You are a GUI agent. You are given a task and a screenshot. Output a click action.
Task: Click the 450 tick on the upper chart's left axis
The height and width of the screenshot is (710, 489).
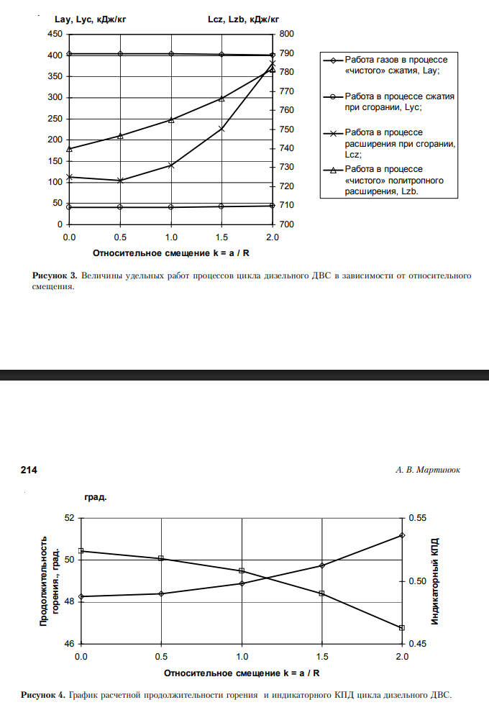[x=54, y=34]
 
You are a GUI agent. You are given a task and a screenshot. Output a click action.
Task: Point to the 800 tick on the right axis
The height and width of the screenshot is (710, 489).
[x=286, y=34]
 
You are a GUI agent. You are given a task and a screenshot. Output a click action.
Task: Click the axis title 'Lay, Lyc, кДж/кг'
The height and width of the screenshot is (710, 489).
[x=91, y=20]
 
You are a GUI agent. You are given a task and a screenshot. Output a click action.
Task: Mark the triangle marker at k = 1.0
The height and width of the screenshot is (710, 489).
[x=171, y=119]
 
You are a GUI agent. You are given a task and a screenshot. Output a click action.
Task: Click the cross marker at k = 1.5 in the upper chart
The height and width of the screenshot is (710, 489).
[x=221, y=129]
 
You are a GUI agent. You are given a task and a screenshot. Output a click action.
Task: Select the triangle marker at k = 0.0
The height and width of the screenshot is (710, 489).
[x=70, y=148]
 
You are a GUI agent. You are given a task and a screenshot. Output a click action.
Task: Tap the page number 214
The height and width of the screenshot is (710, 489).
[x=29, y=470]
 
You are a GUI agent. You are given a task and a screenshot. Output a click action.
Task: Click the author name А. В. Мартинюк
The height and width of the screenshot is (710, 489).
[x=428, y=470]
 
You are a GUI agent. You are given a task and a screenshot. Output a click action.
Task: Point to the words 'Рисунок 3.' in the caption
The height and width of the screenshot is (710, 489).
[x=55, y=276]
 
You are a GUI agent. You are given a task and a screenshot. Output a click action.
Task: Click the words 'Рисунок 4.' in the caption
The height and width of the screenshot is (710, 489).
[x=44, y=695]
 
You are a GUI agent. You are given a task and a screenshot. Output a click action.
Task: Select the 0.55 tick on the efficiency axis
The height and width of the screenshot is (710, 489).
[x=417, y=518]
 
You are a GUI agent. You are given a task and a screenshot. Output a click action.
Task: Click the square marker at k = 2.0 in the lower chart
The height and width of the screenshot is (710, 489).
[x=402, y=628]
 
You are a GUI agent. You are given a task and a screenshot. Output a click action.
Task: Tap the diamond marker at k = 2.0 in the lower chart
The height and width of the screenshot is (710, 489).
[x=402, y=535]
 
